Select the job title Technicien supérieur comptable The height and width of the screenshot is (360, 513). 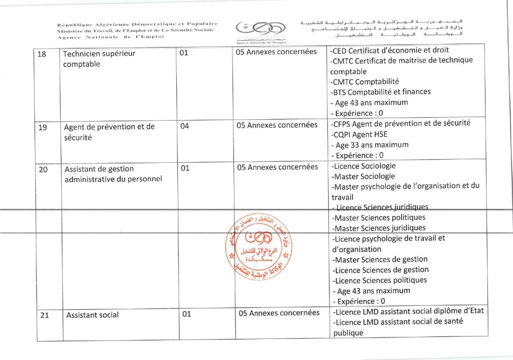[99, 59]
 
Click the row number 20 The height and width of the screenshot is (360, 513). [43, 169]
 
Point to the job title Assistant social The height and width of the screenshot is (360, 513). [93, 315]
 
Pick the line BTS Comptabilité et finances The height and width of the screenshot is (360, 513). [381, 92]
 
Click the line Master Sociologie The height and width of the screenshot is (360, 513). [363, 176]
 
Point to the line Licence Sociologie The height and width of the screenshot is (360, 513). [364, 166]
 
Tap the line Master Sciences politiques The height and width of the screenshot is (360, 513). [379, 217]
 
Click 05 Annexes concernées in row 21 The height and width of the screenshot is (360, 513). [279, 313]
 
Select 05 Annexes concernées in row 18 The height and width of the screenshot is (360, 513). [276, 52]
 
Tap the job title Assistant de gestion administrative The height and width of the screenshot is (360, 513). [113, 174]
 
